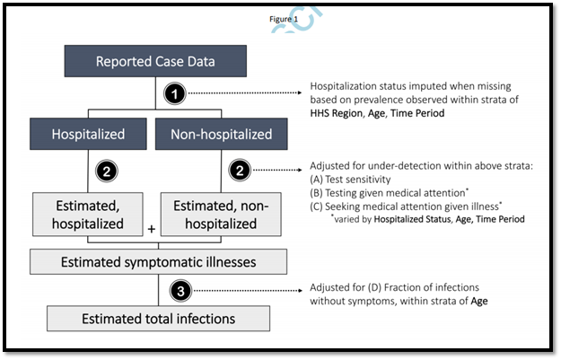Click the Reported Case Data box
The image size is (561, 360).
pos(155,61)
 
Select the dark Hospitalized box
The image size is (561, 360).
pos(88,134)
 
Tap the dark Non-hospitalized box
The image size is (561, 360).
pos(221,134)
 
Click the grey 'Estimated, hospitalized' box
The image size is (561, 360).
pos(88,215)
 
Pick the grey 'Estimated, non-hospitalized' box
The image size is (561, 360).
pos(221,215)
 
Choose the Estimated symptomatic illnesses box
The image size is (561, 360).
pos(158,261)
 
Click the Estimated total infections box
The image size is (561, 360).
pos(158,318)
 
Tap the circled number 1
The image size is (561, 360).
pos(175,93)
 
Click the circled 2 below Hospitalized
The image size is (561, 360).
pos(107,171)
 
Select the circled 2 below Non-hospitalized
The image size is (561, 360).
pos(240,170)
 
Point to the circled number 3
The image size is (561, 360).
pos(180,291)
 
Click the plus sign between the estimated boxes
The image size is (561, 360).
pos(152,229)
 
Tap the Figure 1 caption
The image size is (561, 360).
pos(284,19)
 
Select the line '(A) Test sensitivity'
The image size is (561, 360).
pos(350,180)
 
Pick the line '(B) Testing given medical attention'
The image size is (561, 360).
pos(389,192)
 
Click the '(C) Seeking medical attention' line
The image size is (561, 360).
pos(406,206)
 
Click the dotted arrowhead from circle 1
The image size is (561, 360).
pos(300,92)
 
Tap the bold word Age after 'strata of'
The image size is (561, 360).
pos(479,301)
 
